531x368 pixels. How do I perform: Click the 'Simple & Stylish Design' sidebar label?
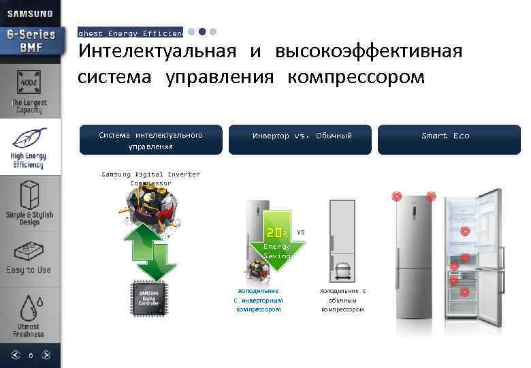coord(29,218)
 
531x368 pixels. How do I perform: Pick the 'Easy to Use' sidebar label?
coord(29,270)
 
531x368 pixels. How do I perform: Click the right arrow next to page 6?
coord(46,354)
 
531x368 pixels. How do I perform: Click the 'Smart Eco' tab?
coord(446,136)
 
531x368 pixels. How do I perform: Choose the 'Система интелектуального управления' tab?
coord(150,140)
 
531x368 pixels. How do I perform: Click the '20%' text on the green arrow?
coord(276,232)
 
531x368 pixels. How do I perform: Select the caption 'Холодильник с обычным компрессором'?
coord(342,300)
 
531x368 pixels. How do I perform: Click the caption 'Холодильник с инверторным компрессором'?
coord(258,300)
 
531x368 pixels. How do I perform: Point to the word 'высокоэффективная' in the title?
coord(368,51)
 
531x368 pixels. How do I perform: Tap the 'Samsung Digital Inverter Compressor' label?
coord(150,179)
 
